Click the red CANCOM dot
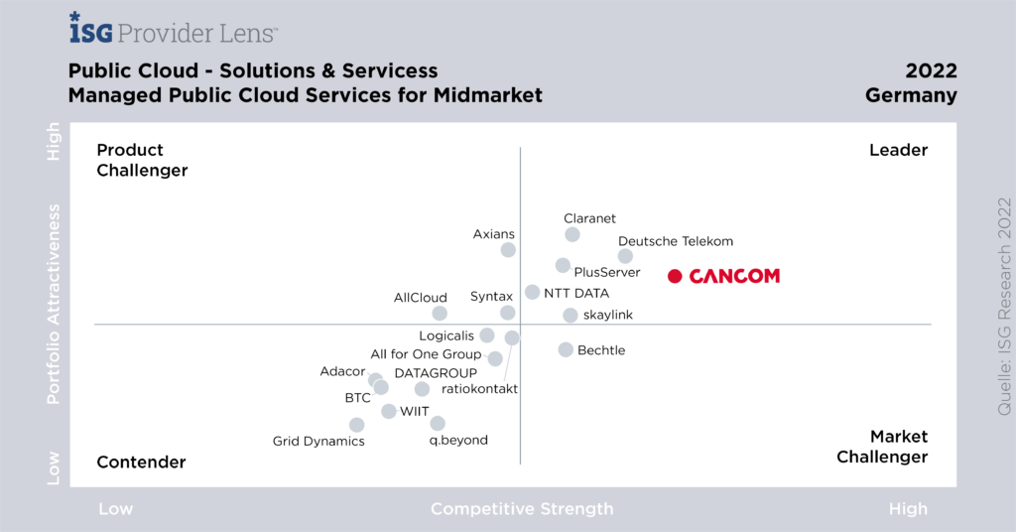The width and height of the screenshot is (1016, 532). (x=675, y=276)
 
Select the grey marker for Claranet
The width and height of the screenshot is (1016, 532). (x=572, y=234)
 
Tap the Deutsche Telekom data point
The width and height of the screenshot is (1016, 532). (x=625, y=256)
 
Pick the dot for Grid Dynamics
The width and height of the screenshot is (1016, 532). (x=357, y=425)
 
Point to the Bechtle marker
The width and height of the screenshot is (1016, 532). (x=566, y=349)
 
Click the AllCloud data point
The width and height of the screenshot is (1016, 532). (x=440, y=314)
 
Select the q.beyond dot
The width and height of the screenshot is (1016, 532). (x=438, y=424)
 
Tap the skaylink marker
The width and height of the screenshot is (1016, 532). (x=571, y=316)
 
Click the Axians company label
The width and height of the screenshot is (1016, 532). (x=493, y=234)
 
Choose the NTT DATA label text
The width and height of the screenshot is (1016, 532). (x=576, y=293)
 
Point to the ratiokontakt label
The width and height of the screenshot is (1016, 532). (x=479, y=388)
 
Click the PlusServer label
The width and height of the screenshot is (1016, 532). (x=607, y=273)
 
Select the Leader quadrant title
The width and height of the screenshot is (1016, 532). (x=898, y=150)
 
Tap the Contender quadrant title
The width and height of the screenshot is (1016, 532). (x=141, y=462)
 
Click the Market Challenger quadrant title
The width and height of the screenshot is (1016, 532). (x=883, y=447)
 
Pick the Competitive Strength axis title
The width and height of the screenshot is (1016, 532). (x=522, y=509)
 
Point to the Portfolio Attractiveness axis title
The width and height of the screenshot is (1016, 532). (x=55, y=305)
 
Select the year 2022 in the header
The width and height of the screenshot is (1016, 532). (x=931, y=71)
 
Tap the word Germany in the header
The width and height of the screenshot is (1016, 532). (x=911, y=96)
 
